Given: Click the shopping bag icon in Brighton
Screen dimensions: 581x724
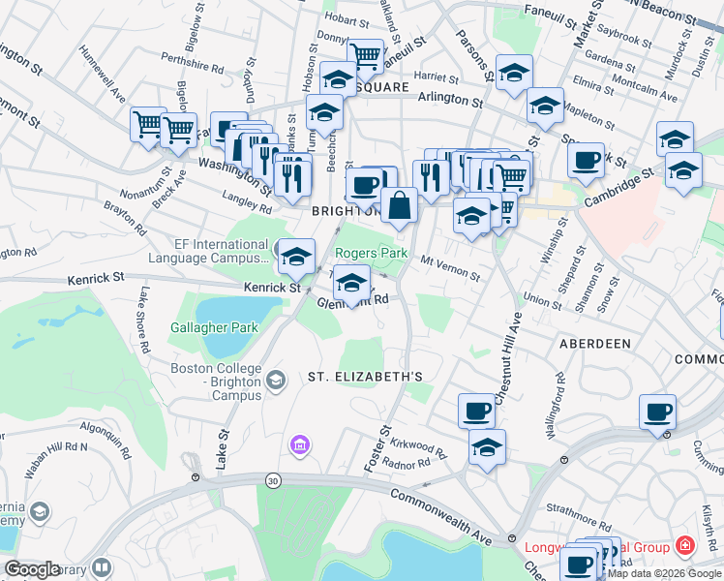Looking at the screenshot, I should [399, 204].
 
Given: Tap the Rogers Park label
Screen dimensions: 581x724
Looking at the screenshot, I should [371, 253].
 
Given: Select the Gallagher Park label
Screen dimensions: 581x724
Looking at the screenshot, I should [215, 328].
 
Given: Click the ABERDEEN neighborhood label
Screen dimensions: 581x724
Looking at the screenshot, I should [595, 344].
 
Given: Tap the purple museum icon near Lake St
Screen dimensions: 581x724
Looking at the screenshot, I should [300, 445].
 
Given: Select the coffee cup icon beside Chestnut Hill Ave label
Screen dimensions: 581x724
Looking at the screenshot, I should [475, 410].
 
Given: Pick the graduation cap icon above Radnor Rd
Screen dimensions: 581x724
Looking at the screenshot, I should [487, 447].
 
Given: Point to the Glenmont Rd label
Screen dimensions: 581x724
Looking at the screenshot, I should [353, 302].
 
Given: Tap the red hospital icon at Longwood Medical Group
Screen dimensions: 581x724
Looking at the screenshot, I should [685, 546].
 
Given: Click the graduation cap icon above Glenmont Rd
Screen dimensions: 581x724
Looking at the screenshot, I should [350, 283].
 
